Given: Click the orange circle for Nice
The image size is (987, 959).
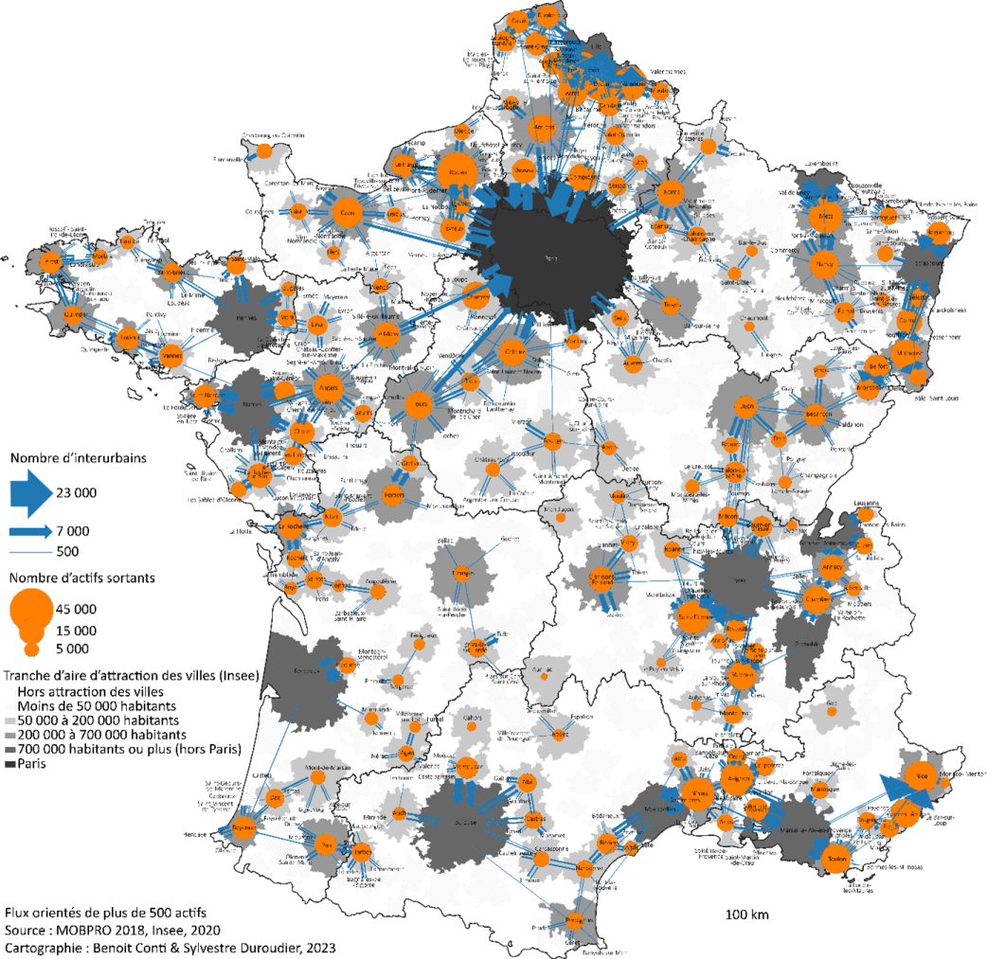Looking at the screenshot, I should click(915, 776).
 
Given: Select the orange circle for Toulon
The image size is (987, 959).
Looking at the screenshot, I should click(835, 861).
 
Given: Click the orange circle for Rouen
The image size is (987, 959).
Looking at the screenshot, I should click(458, 172).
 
